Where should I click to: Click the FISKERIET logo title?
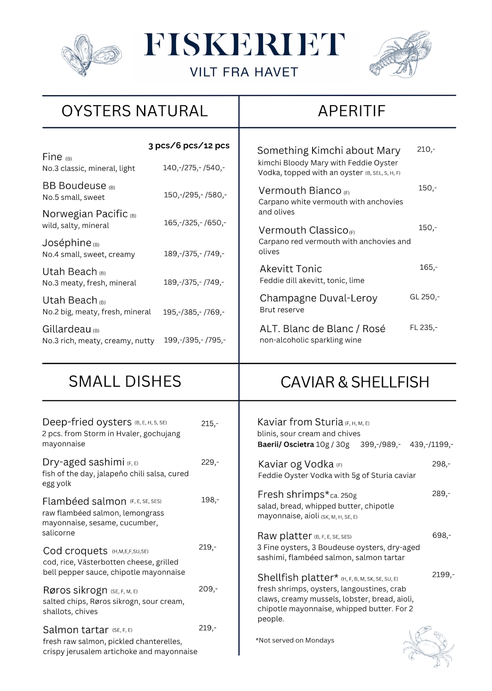tap(244, 45)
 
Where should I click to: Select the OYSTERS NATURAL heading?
tap(135, 111)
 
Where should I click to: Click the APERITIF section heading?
tap(351, 111)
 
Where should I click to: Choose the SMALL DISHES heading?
tap(125, 382)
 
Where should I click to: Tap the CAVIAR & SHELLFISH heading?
tap(355, 382)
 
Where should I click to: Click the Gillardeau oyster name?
tap(67, 329)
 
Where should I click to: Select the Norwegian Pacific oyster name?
tap(85, 214)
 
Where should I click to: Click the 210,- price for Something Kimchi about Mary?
tap(426, 150)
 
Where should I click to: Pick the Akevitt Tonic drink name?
tap(290, 269)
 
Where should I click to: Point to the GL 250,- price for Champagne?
tap(425, 297)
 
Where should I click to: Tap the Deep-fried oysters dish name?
tap(87, 422)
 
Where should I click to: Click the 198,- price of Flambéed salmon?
tap(210, 500)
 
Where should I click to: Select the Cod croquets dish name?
tap(75, 551)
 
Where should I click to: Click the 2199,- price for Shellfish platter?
tap(443, 575)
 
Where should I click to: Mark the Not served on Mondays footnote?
tap(295, 640)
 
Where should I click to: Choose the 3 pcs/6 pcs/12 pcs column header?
tap(189, 146)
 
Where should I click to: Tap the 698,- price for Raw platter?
tap(442, 535)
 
